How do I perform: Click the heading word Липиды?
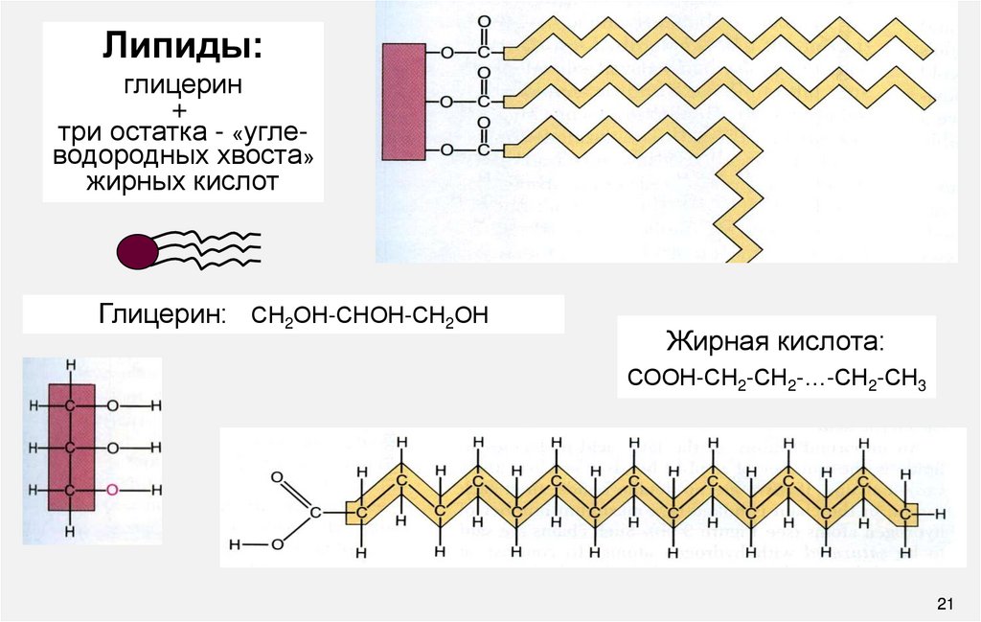coord(181,49)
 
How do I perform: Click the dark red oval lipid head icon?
coord(136,251)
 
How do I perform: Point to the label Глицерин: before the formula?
coord(162,314)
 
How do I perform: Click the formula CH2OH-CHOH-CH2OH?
coord(370,314)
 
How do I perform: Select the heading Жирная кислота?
coord(776,342)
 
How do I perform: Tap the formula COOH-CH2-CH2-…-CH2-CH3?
coord(776,378)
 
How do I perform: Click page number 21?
coord(947,603)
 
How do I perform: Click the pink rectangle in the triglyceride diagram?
coord(401,101)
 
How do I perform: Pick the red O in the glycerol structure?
coord(113,490)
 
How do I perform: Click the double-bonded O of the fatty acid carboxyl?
coord(277,476)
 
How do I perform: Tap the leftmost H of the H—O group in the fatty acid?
coord(235,545)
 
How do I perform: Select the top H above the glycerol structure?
coord(70,365)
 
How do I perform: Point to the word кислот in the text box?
coord(243,180)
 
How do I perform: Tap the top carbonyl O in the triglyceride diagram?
coord(483,21)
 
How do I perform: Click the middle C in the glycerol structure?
coord(70,448)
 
